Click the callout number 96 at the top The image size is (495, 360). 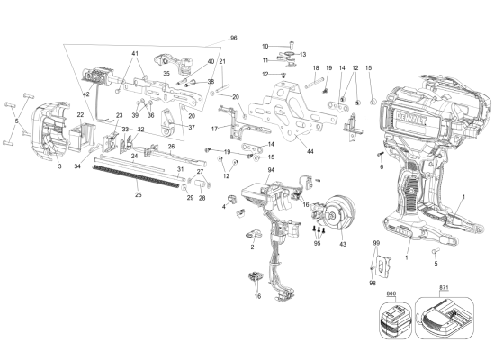tap(234, 38)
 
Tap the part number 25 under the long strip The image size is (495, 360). tap(138, 194)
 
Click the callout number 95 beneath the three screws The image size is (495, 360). tap(317, 243)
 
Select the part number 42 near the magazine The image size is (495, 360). tap(87, 94)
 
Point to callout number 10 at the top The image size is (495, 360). tap(265, 46)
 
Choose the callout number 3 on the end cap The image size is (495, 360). tap(59, 166)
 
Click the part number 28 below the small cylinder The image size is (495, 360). tap(201, 198)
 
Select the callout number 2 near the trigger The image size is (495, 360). tap(253, 246)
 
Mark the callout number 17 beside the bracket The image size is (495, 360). tap(215, 129)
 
